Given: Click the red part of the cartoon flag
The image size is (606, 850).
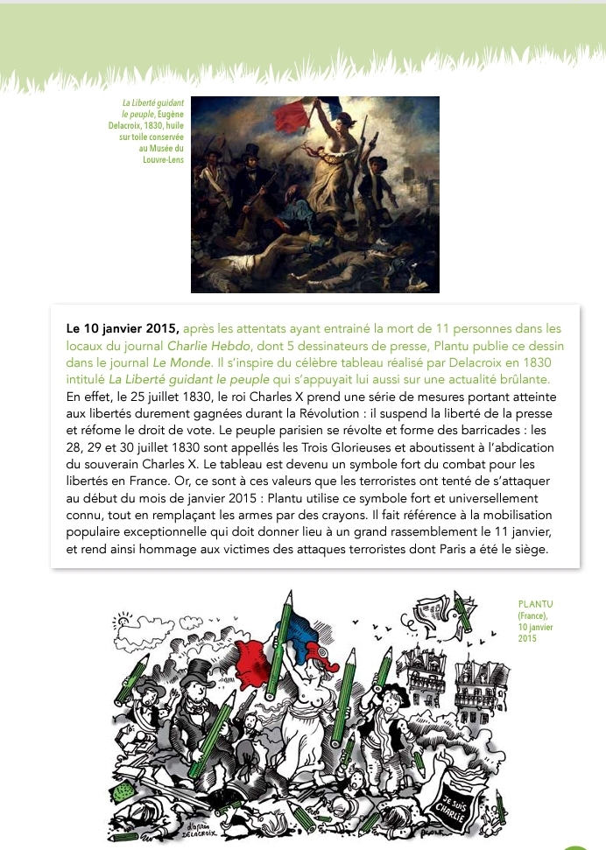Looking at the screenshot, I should [254, 652].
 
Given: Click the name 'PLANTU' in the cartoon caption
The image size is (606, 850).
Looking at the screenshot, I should [536, 604].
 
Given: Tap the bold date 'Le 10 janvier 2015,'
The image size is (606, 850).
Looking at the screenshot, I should [123, 329].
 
